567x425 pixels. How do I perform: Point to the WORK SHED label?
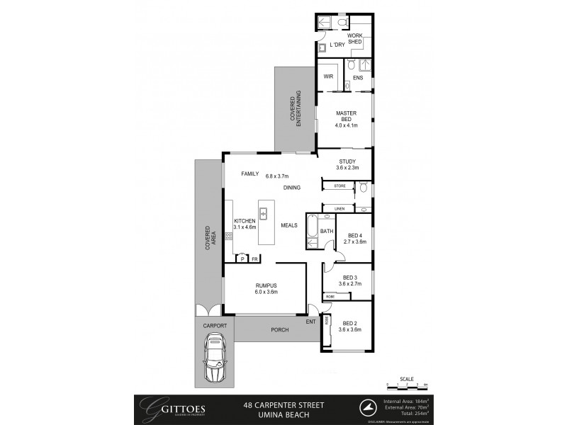pyautogui.click(x=354, y=39)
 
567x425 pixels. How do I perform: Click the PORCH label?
pyautogui.click(x=279, y=330)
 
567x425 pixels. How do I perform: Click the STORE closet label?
pyautogui.click(x=339, y=186)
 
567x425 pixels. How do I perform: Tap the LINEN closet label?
pyautogui.click(x=339, y=208)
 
